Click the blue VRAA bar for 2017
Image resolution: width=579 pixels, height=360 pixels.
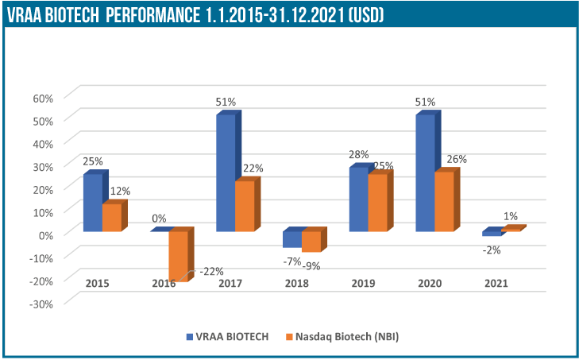tap(226, 172)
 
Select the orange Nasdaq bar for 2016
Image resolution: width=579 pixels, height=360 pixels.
tap(178, 256)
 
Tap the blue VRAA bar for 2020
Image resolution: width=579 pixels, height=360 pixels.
tap(425, 172)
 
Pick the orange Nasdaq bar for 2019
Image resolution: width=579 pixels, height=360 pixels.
tap(378, 203)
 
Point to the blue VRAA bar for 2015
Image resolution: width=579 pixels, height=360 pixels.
tap(93, 203)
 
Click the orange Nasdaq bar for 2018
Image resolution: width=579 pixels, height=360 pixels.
tap(311, 241)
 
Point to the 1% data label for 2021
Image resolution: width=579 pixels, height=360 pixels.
tap(510, 216)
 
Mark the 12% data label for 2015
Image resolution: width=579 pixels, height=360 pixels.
tap(120, 191)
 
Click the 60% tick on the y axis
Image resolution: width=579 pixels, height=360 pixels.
tap(42, 98)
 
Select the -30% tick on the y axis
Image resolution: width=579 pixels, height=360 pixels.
tap(41, 303)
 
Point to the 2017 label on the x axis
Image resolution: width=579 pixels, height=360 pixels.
tap(230, 283)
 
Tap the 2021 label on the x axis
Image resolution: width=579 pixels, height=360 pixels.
tap(496, 283)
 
